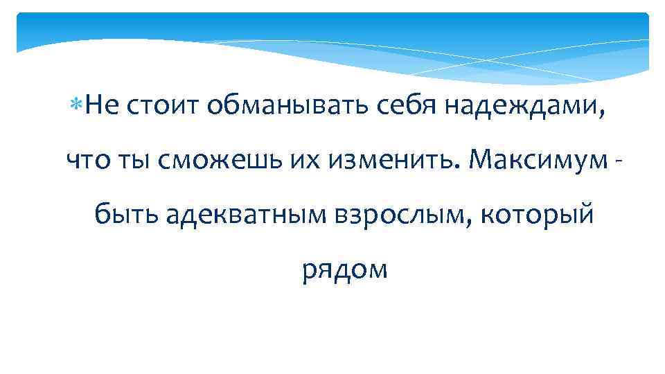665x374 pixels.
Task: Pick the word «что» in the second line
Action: [87, 161]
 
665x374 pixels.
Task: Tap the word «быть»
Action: [126, 215]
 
